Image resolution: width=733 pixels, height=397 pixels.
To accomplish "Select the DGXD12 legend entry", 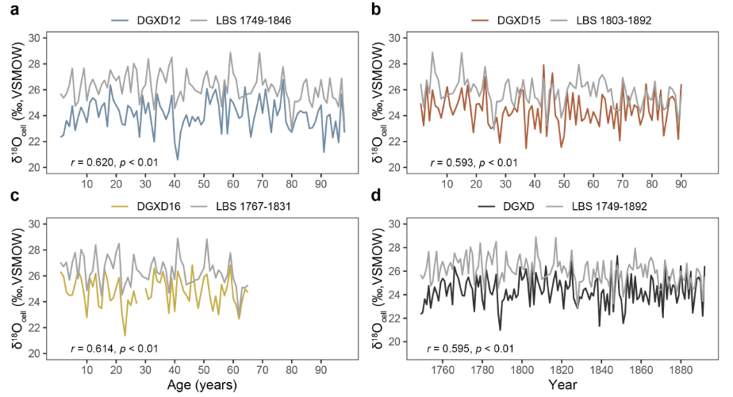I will (165, 18).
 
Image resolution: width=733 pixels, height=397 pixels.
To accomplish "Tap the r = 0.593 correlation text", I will (474, 163).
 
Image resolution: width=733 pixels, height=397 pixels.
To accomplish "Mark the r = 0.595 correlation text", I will (474, 349).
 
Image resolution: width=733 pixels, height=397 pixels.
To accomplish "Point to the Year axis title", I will (562, 386).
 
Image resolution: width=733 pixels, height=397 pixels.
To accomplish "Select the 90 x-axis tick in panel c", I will (320, 369).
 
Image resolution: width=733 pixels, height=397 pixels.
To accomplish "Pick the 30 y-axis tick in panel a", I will (33, 38).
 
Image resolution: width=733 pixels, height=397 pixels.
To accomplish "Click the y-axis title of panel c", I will (12, 288).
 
